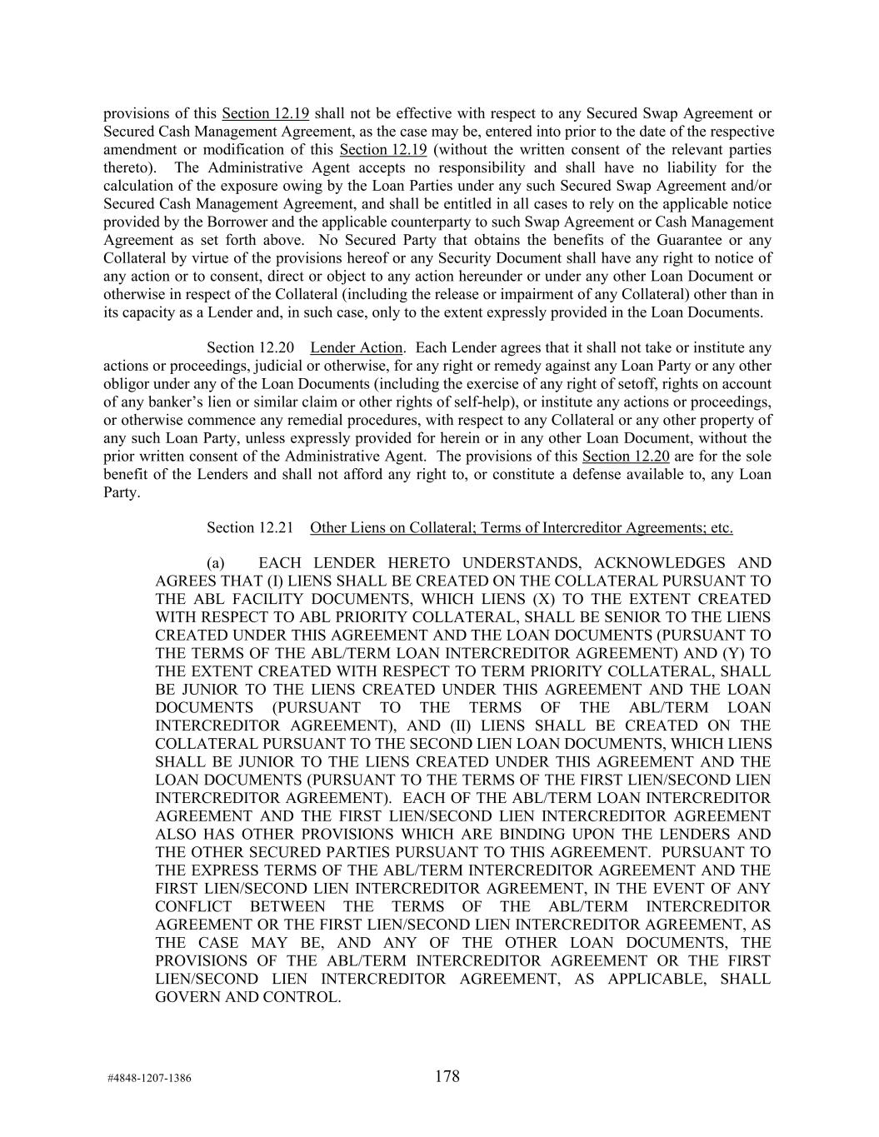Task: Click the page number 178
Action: (447, 1076)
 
